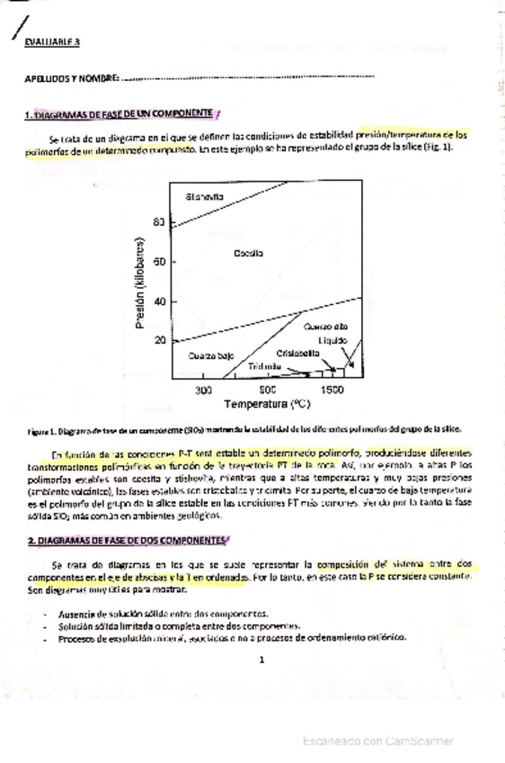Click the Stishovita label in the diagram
[205, 197]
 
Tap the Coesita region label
[248, 254]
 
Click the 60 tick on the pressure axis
[160, 262]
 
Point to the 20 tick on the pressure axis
[160, 340]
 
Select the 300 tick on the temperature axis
[203, 390]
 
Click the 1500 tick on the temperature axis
[332, 390]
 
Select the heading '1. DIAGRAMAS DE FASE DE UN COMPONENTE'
[120, 114]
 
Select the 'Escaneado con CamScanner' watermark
[377, 741]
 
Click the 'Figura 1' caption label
[41, 430]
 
